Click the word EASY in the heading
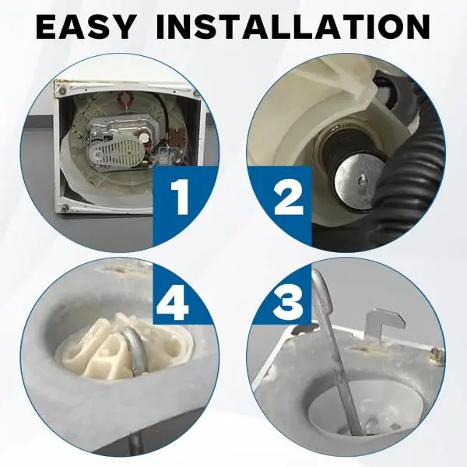pyautogui.click(x=85, y=26)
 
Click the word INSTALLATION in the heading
pyautogui.click(x=293, y=26)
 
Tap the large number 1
pyautogui.click(x=179, y=197)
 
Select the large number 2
pyautogui.click(x=288, y=197)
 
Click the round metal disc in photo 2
pyautogui.click(x=360, y=181)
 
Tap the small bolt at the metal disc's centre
pyautogui.click(x=361, y=179)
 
